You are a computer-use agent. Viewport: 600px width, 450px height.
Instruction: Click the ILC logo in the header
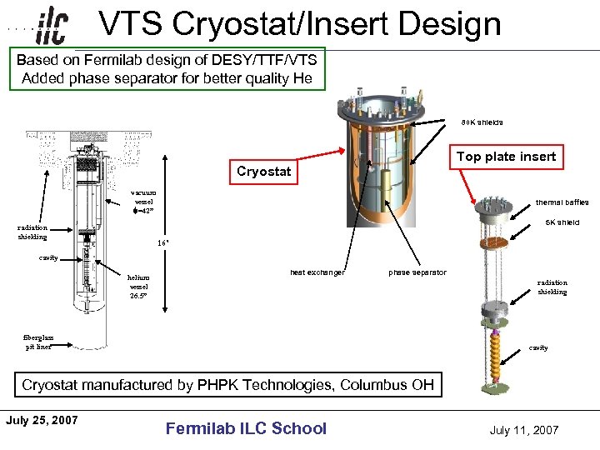tap(52, 26)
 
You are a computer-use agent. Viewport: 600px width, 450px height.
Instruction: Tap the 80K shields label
tap(482, 122)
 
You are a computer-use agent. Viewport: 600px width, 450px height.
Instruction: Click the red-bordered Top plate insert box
tap(506, 157)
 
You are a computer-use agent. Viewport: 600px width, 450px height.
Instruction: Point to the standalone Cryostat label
tap(263, 172)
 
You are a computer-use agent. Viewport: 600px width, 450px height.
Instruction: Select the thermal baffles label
tap(562, 202)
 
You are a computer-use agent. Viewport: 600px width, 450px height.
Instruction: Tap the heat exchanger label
tap(317, 272)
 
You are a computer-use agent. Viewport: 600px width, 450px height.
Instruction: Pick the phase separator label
tap(417, 272)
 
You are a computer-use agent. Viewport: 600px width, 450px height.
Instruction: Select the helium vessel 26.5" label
tap(138, 287)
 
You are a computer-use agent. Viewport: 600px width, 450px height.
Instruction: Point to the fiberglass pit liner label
tap(37, 342)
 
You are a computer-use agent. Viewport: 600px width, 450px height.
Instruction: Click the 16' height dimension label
tap(164, 243)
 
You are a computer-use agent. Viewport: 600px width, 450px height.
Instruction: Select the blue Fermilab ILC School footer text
tap(246, 428)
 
